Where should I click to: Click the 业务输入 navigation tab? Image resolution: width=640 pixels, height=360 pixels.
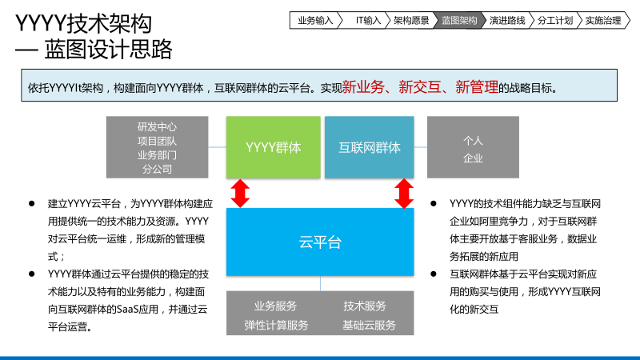(314, 21)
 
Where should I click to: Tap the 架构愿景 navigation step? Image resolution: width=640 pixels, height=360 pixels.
(411, 21)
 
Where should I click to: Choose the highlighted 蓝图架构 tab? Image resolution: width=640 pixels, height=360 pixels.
(459, 21)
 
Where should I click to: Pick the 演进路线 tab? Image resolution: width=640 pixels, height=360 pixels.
(507, 21)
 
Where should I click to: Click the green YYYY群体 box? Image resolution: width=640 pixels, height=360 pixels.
(273, 147)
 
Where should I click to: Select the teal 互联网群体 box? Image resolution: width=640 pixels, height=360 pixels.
(369, 147)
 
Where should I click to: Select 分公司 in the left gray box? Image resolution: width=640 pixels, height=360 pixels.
(157, 169)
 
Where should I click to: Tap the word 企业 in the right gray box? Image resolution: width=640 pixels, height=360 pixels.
(474, 158)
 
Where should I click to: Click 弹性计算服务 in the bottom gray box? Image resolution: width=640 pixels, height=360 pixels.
(276, 325)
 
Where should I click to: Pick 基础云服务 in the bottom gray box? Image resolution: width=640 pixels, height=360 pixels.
(369, 325)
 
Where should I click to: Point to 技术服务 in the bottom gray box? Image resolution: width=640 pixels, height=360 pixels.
(365, 306)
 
